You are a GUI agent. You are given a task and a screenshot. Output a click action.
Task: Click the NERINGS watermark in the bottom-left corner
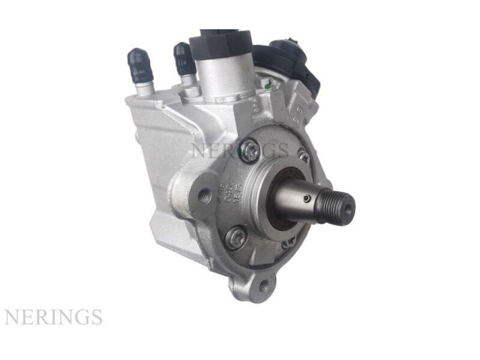click(x=52, y=316)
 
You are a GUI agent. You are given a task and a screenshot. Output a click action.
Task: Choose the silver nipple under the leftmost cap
click(x=144, y=88)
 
